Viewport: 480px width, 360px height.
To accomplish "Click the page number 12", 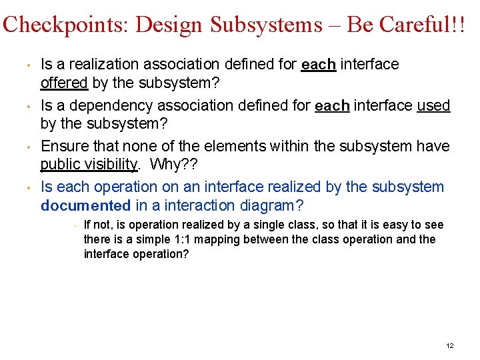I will [x=449, y=345].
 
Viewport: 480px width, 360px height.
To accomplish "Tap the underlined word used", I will [x=433, y=105].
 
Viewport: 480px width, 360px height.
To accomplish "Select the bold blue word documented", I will [x=85, y=207].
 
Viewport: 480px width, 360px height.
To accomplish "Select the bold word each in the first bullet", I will [x=317, y=65].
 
